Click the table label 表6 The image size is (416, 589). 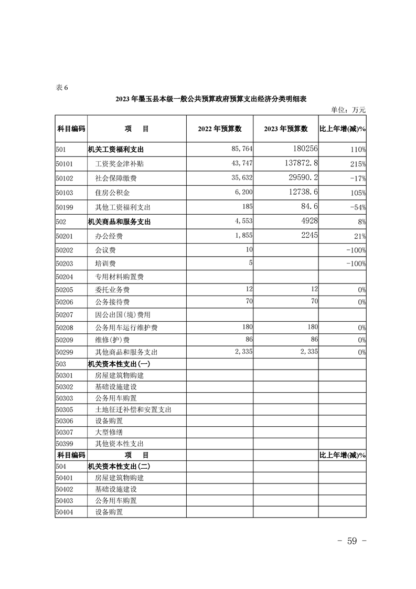(61, 87)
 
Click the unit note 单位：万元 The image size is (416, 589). (348, 110)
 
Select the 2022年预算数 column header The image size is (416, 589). (219, 129)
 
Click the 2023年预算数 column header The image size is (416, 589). (285, 129)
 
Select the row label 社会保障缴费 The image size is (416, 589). (116, 178)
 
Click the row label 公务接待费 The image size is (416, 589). (112, 302)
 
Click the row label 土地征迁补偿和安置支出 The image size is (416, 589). (133, 409)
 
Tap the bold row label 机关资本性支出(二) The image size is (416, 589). (119, 466)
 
